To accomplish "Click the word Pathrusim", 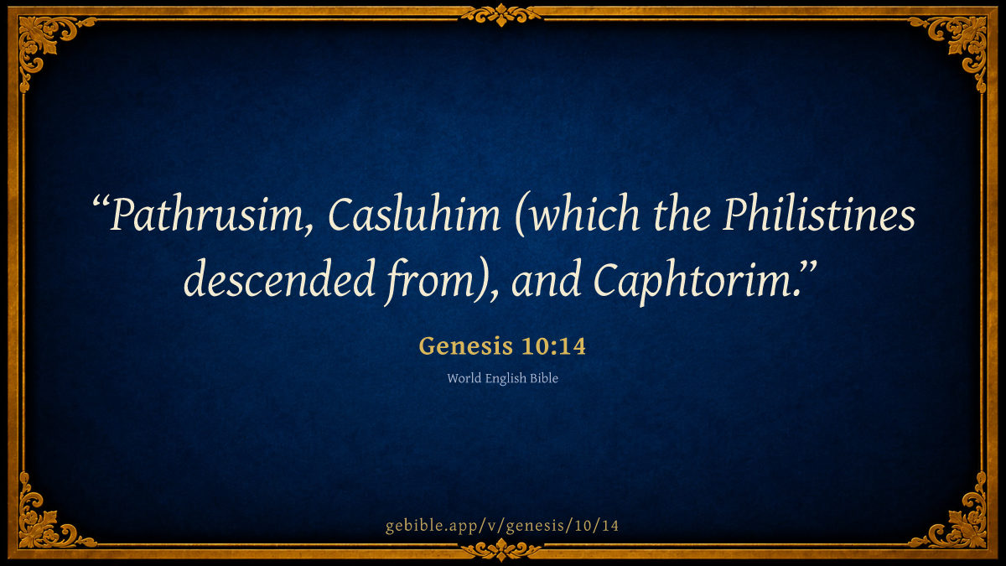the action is click(206, 215).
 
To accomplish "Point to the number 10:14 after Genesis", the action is click(554, 346).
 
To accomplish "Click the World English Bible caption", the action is click(502, 379).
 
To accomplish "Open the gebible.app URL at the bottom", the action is click(502, 526).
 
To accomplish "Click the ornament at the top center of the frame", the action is click(501, 15).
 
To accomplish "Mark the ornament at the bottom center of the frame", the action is click(501, 550).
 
